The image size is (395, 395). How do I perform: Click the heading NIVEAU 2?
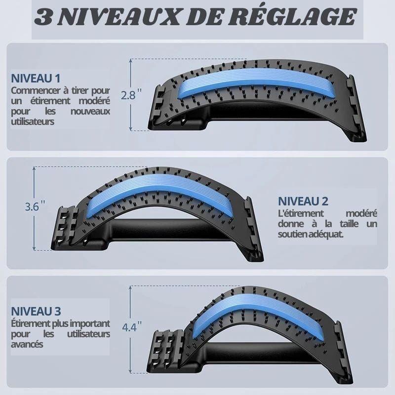303,201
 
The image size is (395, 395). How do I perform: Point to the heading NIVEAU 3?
36,312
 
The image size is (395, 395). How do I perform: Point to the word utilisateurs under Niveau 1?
33,121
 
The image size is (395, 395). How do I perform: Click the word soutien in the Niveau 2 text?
292,234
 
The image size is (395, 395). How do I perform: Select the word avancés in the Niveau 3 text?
27,344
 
